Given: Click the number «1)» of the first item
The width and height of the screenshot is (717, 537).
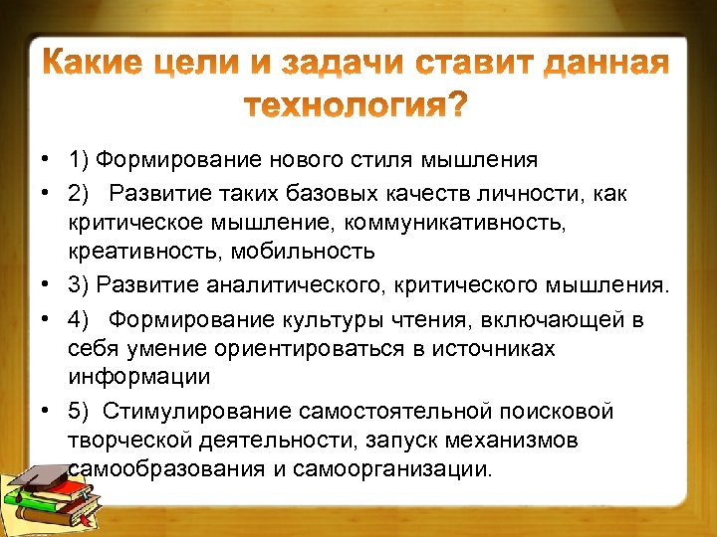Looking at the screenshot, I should pos(80,159).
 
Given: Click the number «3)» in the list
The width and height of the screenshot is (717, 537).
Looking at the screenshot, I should pos(80,285).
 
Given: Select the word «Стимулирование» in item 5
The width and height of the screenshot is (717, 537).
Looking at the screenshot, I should pos(192,412).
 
